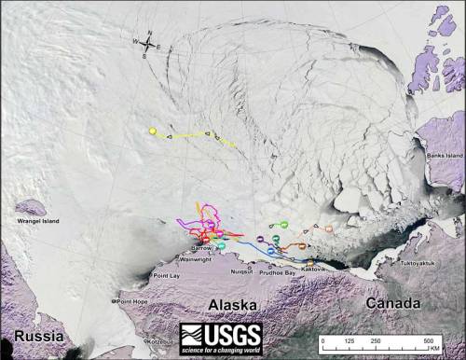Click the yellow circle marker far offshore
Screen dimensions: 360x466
tap(153, 132)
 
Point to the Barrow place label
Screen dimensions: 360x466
tap(201, 249)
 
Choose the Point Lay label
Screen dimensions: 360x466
tap(167, 276)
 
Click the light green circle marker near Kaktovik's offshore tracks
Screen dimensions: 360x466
tap(281, 225)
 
